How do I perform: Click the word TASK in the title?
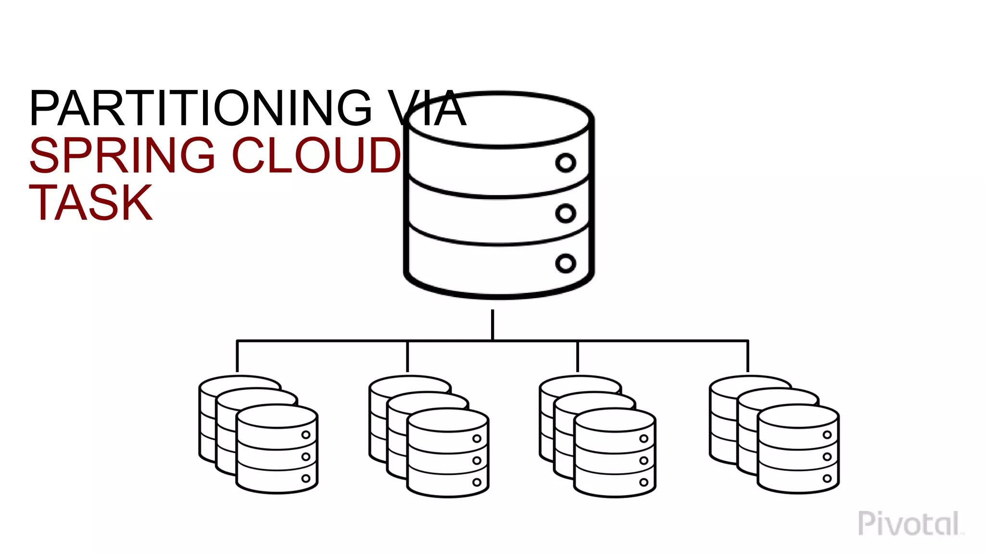91,203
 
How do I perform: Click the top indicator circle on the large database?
566,163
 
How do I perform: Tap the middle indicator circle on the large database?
566,213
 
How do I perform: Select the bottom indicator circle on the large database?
566,263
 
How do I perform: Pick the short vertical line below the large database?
492,325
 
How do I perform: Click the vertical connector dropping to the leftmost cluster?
237,356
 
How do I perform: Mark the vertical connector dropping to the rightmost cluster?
748,356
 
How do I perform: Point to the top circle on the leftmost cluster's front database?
306,435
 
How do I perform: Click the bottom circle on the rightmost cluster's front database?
827,478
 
